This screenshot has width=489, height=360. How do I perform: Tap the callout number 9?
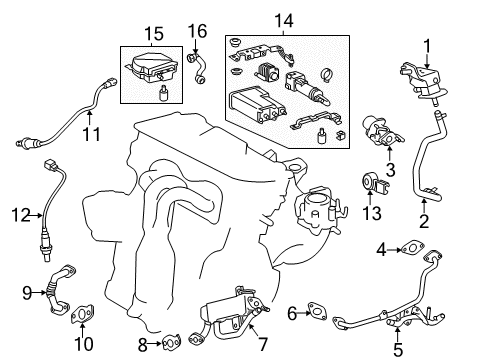[x=27, y=294]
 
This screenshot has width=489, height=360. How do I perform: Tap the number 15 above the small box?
[x=152, y=33]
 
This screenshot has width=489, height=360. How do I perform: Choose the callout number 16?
[x=197, y=31]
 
